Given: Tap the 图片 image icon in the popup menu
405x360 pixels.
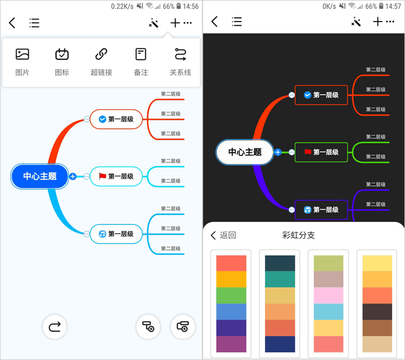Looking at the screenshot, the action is coord(22,54).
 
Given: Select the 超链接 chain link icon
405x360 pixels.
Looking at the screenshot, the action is coord(102,54).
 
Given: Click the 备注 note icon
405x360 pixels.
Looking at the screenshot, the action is coord(141,54).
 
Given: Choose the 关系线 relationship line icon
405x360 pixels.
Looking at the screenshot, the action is coord(180,54).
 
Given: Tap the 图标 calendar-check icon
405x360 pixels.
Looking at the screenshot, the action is coord(62,54).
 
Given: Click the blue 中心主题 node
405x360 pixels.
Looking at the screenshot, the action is coord(40,176).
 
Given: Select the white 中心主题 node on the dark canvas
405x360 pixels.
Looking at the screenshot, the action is coord(245,152).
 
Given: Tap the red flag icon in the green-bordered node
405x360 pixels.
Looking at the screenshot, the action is coord(307,152).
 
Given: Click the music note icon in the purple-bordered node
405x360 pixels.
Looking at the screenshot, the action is coord(307,209).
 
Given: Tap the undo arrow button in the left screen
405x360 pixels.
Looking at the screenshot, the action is coord(55,327).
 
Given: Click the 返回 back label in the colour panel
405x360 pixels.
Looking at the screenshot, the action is coord(228,235).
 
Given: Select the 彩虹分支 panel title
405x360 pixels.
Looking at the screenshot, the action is coord(298,235).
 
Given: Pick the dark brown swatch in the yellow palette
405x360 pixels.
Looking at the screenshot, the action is coord(377,312).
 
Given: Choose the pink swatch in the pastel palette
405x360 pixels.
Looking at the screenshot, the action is coord(328,295).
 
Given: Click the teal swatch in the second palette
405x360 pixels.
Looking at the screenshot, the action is coord(280,279).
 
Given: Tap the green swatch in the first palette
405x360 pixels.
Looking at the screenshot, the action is coord(231,295).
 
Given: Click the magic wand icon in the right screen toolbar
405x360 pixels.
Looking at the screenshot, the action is coord(356,22).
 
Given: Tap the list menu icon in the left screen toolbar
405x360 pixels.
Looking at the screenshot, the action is coord(34,23).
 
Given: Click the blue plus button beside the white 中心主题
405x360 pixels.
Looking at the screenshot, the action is coord(278,152).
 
